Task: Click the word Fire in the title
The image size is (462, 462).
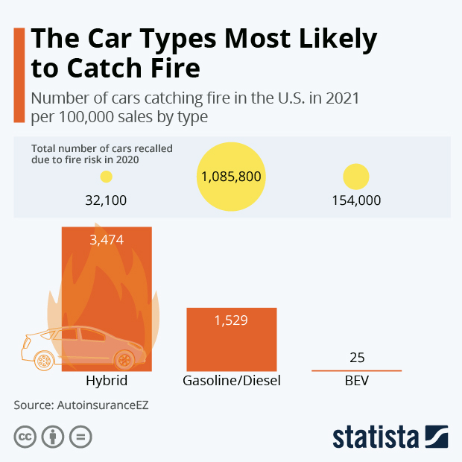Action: click(x=171, y=68)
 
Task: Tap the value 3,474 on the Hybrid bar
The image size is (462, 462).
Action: click(x=107, y=240)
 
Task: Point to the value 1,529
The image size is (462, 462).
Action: click(x=231, y=320)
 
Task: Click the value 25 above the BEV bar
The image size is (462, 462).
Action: click(x=357, y=358)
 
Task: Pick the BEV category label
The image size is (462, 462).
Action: click(x=357, y=382)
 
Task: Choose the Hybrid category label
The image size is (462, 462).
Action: click(x=107, y=382)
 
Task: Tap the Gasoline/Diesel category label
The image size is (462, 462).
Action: click(x=231, y=382)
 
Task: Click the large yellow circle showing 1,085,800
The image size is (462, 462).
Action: click(x=231, y=177)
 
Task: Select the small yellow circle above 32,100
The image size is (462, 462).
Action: click(x=107, y=177)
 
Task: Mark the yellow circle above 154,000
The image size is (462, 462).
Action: click(x=356, y=177)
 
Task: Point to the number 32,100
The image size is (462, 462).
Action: click(x=107, y=200)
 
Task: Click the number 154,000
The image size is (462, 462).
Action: click(x=356, y=200)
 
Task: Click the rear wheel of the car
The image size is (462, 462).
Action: click(x=45, y=361)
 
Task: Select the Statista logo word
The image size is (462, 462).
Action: click(x=376, y=436)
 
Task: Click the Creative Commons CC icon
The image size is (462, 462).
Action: click(x=25, y=437)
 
